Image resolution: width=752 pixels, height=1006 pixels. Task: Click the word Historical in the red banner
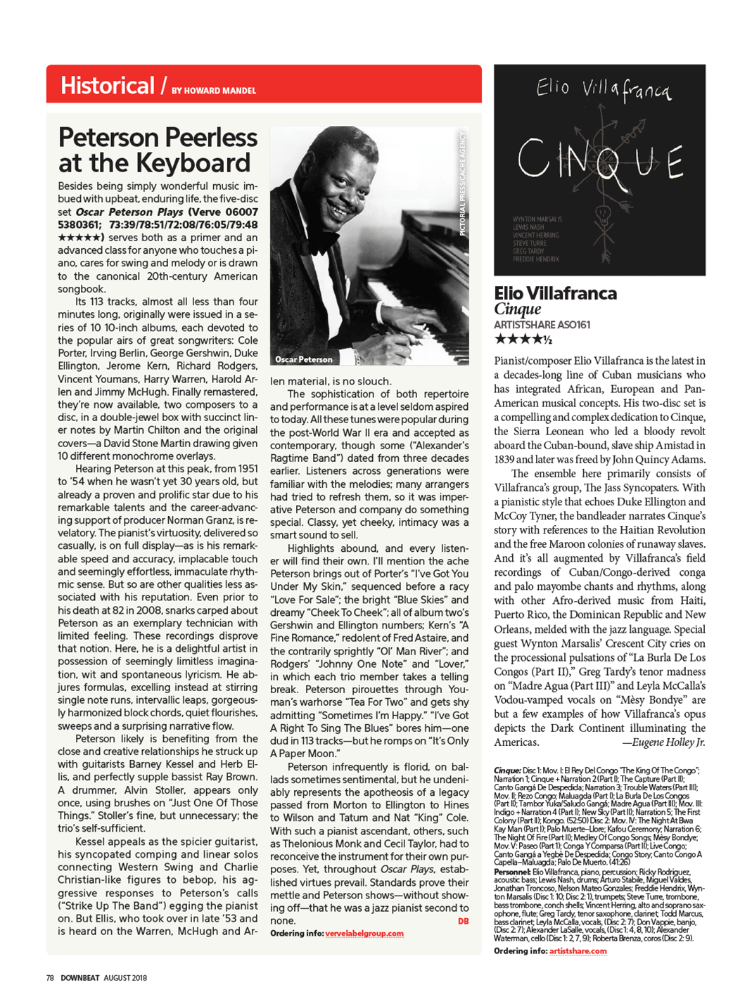click(x=107, y=86)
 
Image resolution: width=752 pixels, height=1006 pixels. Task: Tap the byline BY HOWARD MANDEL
click(x=214, y=91)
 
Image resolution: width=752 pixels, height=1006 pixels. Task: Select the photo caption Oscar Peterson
click(x=304, y=359)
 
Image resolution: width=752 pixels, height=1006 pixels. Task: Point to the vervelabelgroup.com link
click(x=364, y=934)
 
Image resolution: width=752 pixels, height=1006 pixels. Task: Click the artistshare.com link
click(x=578, y=951)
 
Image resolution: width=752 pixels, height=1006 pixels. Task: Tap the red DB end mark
click(x=463, y=921)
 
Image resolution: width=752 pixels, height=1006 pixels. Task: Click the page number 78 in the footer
click(x=50, y=978)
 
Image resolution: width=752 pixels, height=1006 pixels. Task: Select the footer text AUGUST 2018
click(x=125, y=978)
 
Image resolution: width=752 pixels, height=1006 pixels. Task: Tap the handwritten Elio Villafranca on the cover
click(x=603, y=90)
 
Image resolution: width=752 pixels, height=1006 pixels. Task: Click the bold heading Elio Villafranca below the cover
click(x=555, y=293)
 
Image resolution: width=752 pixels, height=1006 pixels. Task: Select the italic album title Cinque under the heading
click(x=517, y=309)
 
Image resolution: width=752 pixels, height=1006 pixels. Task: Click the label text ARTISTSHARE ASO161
click(x=542, y=325)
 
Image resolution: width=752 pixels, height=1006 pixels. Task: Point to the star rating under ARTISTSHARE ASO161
click(x=523, y=340)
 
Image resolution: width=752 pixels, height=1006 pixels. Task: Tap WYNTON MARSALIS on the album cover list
click(x=537, y=219)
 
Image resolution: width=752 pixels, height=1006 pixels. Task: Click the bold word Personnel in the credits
click(x=512, y=872)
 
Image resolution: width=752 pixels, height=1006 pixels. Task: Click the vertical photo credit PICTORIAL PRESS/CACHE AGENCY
click(x=462, y=183)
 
